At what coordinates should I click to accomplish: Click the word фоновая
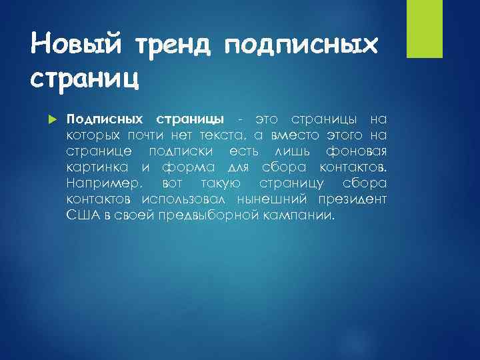360,151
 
